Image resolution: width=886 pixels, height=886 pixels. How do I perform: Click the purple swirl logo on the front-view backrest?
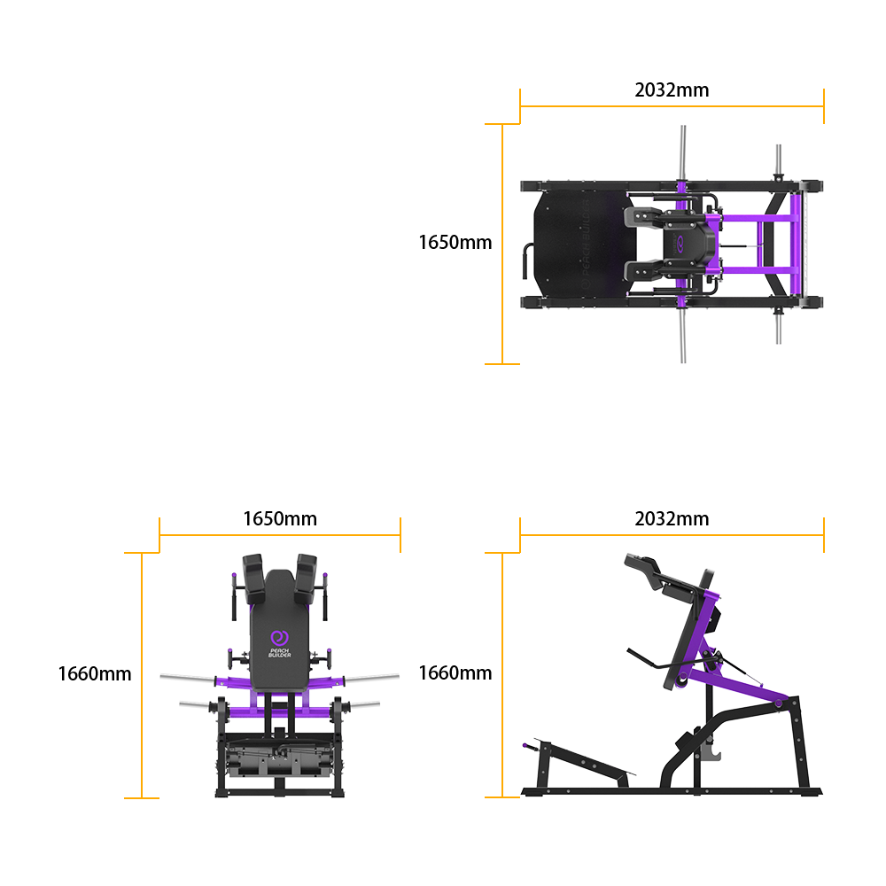tap(279, 637)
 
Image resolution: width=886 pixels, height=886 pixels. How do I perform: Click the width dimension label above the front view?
tap(279, 518)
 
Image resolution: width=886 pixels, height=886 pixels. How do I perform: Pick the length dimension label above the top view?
tap(672, 89)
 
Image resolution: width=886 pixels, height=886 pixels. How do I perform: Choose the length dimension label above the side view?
tap(672, 518)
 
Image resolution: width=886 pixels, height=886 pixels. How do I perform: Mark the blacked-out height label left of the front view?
tap(95, 673)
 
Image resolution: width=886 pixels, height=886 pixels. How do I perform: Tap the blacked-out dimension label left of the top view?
tap(455, 242)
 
